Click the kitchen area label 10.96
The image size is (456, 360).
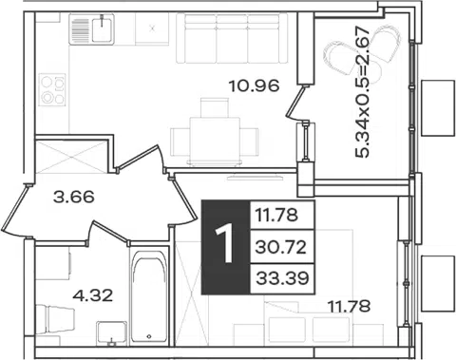tap(254, 85)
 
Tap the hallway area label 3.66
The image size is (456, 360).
tap(74, 197)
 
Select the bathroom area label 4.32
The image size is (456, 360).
tap(92, 295)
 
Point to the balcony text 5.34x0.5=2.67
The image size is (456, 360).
tap(363, 92)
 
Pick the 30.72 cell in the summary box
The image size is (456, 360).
tap(281, 247)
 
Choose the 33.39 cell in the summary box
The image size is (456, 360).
tap(282, 278)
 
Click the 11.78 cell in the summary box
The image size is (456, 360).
tap(276, 216)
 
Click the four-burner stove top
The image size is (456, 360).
tap(52, 89)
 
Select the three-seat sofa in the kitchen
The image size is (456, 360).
tap(232, 38)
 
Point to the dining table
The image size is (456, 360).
tap(215, 140)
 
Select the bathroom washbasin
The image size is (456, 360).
tap(111, 332)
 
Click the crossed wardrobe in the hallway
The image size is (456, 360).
tap(71, 157)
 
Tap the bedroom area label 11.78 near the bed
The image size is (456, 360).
tap(349, 306)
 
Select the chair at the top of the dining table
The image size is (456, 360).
tap(215, 107)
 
